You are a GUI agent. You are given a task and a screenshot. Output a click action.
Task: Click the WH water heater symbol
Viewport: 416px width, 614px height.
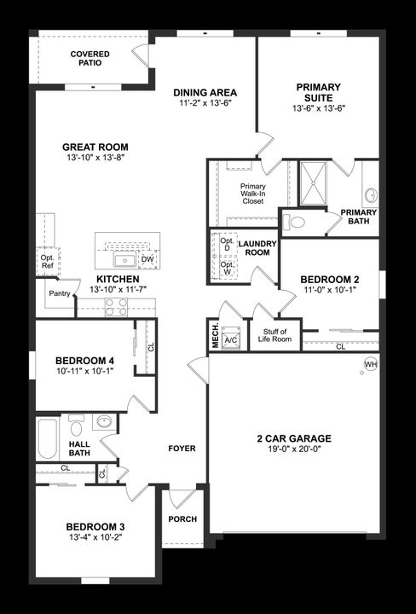[370, 364]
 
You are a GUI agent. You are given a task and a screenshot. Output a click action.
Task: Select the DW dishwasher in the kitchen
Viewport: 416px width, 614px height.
[147, 259]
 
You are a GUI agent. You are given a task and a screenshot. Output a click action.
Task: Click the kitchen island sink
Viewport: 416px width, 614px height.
[125, 259]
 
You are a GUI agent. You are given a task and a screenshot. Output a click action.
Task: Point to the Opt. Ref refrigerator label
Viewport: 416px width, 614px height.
[46, 261]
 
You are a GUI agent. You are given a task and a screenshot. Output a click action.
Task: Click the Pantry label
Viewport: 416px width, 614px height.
[60, 294]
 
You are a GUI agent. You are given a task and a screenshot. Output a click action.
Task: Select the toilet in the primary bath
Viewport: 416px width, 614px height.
[294, 223]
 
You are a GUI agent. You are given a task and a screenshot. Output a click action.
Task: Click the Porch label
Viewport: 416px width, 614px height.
[182, 519]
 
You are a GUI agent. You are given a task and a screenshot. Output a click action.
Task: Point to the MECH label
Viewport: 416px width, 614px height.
[214, 336]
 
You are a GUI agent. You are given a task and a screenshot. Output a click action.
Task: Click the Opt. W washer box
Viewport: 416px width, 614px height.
[228, 269]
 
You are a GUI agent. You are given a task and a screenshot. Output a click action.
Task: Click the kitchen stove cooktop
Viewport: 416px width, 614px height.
[117, 309]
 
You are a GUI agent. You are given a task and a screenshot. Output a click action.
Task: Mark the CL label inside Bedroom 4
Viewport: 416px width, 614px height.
[151, 347]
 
